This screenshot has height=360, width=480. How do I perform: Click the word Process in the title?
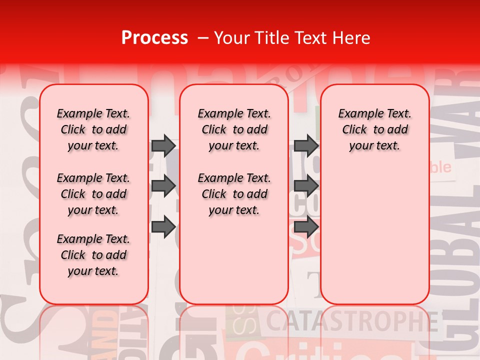[x=154, y=38]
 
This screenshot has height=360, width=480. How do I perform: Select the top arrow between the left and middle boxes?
[x=163, y=145]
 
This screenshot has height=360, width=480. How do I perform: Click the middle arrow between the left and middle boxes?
[x=163, y=186]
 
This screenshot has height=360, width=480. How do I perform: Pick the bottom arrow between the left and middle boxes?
[x=163, y=226]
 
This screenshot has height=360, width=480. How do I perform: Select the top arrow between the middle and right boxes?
[x=306, y=145]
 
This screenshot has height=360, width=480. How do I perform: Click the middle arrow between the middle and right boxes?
[x=306, y=186]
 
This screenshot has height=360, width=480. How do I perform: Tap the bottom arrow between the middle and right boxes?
[x=306, y=226]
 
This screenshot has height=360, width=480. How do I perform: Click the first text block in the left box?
[x=93, y=129]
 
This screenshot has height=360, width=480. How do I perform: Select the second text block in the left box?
[x=93, y=194]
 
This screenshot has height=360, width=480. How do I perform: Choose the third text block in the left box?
[x=93, y=255]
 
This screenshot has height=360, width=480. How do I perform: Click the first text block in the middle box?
[x=234, y=129]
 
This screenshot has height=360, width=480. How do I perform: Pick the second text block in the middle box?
[x=234, y=194]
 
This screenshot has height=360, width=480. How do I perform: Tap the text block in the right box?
[x=374, y=129]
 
